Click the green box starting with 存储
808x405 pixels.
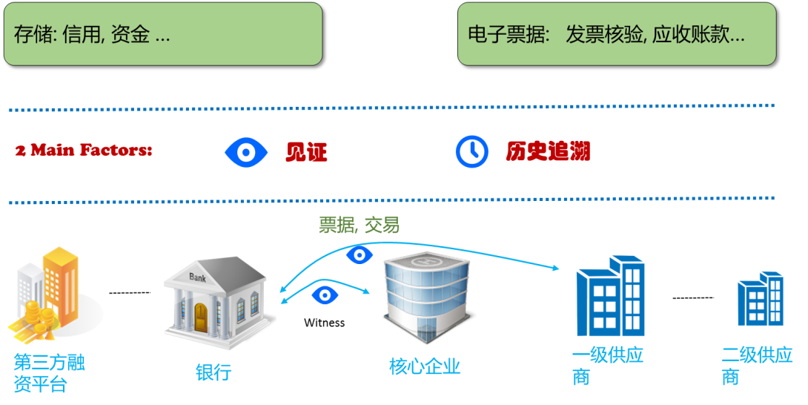pyautogui.click(x=163, y=34)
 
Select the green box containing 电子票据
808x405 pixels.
pyautogui.click(x=616, y=34)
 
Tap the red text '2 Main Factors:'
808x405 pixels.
pyautogui.click(x=84, y=151)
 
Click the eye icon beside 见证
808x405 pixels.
pyautogui.click(x=245, y=152)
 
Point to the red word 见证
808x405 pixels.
pyautogui.click(x=306, y=152)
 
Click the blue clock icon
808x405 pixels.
pyautogui.click(x=471, y=151)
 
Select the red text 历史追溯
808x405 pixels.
pyautogui.click(x=548, y=152)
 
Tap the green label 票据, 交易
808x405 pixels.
pyautogui.click(x=359, y=225)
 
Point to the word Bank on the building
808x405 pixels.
pyautogui.click(x=198, y=278)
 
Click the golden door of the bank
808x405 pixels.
pyautogui.click(x=201, y=317)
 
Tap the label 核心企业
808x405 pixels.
pyautogui.click(x=425, y=366)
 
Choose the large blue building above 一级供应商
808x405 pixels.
pyautogui.click(x=609, y=297)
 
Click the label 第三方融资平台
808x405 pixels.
pyautogui.click(x=49, y=373)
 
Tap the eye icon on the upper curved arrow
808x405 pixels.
pyautogui.click(x=360, y=255)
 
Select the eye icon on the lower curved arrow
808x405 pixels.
pyautogui.click(x=325, y=294)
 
